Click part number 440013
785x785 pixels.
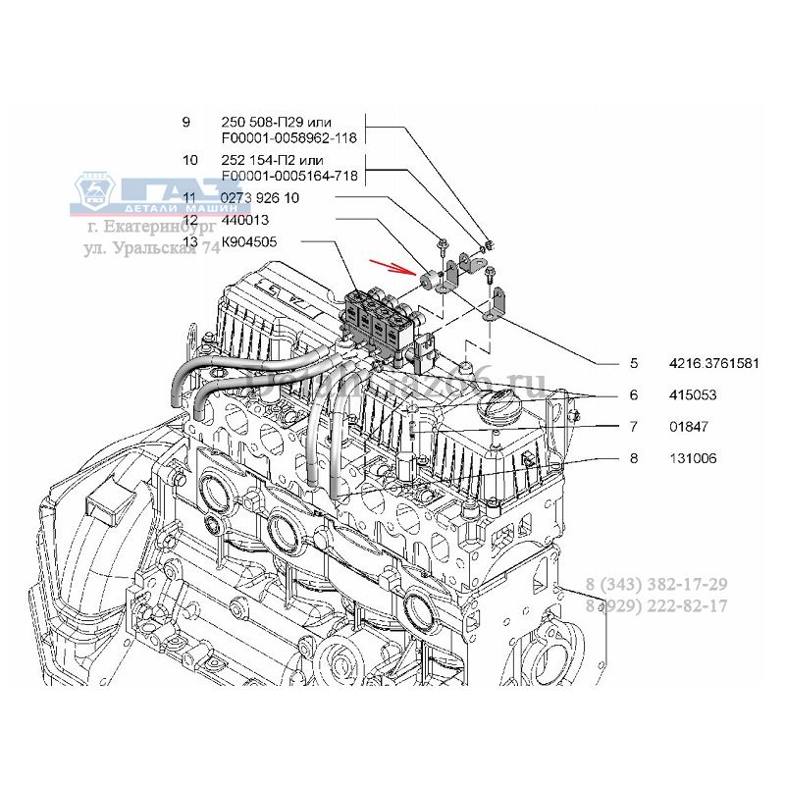point(245,220)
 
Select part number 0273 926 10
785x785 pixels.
point(260,198)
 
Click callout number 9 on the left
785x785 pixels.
point(186,123)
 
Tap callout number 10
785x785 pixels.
point(190,160)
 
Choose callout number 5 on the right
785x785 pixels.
point(634,363)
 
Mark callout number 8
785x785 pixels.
point(634,457)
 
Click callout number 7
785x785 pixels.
point(634,427)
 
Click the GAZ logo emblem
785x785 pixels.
point(99,193)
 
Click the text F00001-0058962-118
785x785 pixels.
point(289,138)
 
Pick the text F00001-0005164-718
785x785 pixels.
point(289,176)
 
